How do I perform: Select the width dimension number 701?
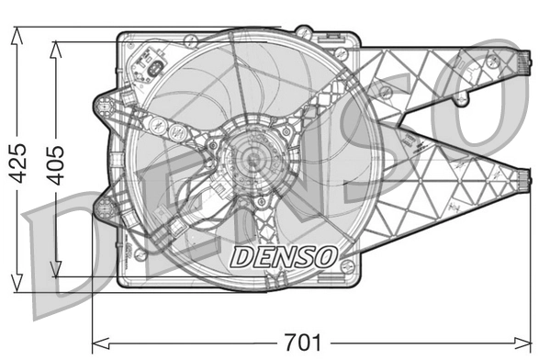click(303, 343)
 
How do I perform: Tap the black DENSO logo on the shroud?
click(283, 256)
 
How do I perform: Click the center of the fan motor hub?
click(249, 162)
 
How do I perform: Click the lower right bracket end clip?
click(524, 180)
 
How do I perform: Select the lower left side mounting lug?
click(105, 208)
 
